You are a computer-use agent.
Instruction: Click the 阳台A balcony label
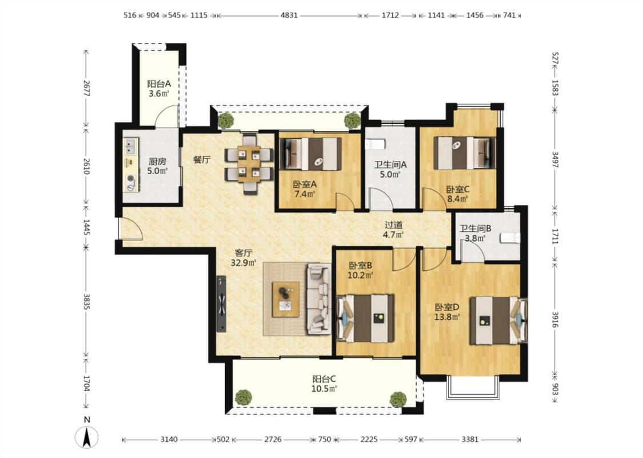(x=159, y=84)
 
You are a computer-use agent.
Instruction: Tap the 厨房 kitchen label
(x=158, y=161)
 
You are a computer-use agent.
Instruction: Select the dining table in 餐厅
(x=249, y=164)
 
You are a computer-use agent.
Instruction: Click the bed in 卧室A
(x=310, y=153)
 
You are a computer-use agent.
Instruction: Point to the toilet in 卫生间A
(x=375, y=145)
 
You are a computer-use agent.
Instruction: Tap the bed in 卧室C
(x=465, y=153)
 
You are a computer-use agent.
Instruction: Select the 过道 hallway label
(x=393, y=225)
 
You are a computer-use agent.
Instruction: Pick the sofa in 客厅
(x=318, y=298)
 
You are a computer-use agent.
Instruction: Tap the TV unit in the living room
(x=221, y=303)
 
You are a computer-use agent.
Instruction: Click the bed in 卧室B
(x=365, y=318)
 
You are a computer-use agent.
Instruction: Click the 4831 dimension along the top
(x=289, y=15)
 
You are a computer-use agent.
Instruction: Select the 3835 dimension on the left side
(x=86, y=302)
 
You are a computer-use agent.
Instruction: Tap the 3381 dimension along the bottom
(x=470, y=439)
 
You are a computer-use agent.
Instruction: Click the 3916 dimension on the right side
(x=555, y=319)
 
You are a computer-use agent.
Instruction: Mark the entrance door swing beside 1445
(x=130, y=228)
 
